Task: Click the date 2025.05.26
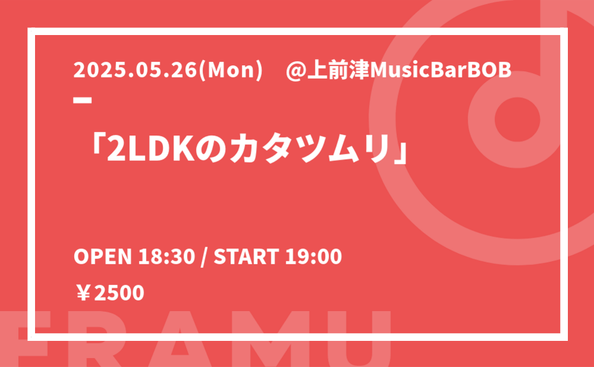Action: coord(135,70)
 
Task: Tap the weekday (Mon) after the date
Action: coord(230,71)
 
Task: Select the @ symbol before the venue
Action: coord(296,71)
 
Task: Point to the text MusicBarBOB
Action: coord(441,71)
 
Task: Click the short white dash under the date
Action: coord(83,100)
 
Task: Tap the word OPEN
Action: coord(103,257)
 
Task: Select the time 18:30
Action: coord(166,257)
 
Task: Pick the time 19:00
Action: coord(314,257)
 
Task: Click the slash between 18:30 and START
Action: coord(204,257)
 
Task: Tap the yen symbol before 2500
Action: coord(83,293)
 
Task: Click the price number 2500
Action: coord(119,293)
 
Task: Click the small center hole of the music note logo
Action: coord(517,119)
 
